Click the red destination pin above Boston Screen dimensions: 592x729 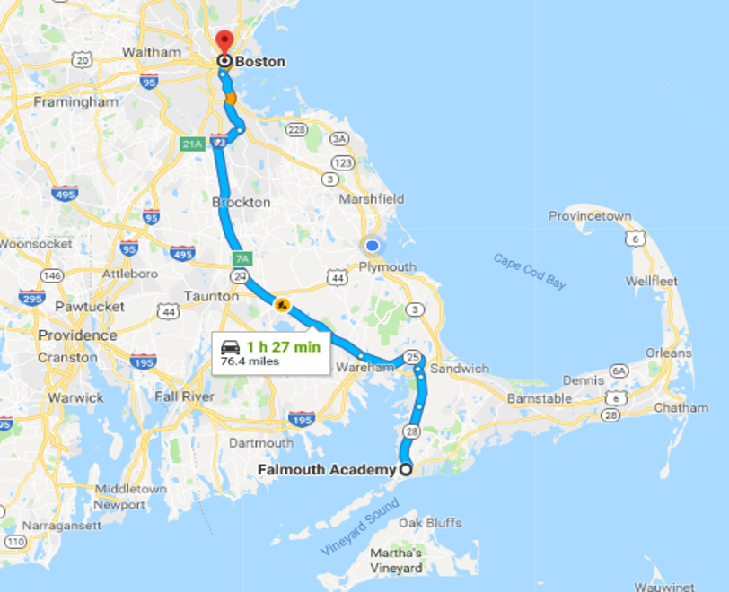pyautogui.click(x=224, y=41)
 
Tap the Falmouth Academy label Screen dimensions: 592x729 pyautogui.click(x=326, y=469)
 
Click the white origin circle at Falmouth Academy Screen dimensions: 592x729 pyautogui.click(x=406, y=469)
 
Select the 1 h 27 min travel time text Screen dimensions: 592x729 pyautogui.click(x=283, y=346)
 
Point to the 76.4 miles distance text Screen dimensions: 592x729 pyautogui.click(x=250, y=361)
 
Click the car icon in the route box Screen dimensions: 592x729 pyautogui.click(x=231, y=347)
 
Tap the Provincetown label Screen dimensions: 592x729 pyautogui.click(x=590, y=216)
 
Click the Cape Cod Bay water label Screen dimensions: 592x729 pyautogui.click(x=530, y=271)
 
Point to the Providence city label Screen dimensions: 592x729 pyautogui.click(x=77, y=335)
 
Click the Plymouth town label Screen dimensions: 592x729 pyautogui.click(x=387, y=266)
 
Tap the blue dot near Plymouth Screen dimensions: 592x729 pyautogui.click(x=372, y=245)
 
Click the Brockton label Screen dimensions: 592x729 pyautogui.click(x=241, y=202)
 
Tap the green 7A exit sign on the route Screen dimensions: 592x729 pyautogui.click(x=242, y=259)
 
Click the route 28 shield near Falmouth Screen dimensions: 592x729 pyautogui.click(x=412, y=431)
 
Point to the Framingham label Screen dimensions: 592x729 pyautogui.click(x=75, y=101)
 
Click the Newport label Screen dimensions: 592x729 pyautogui.click(x=119, y=504)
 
